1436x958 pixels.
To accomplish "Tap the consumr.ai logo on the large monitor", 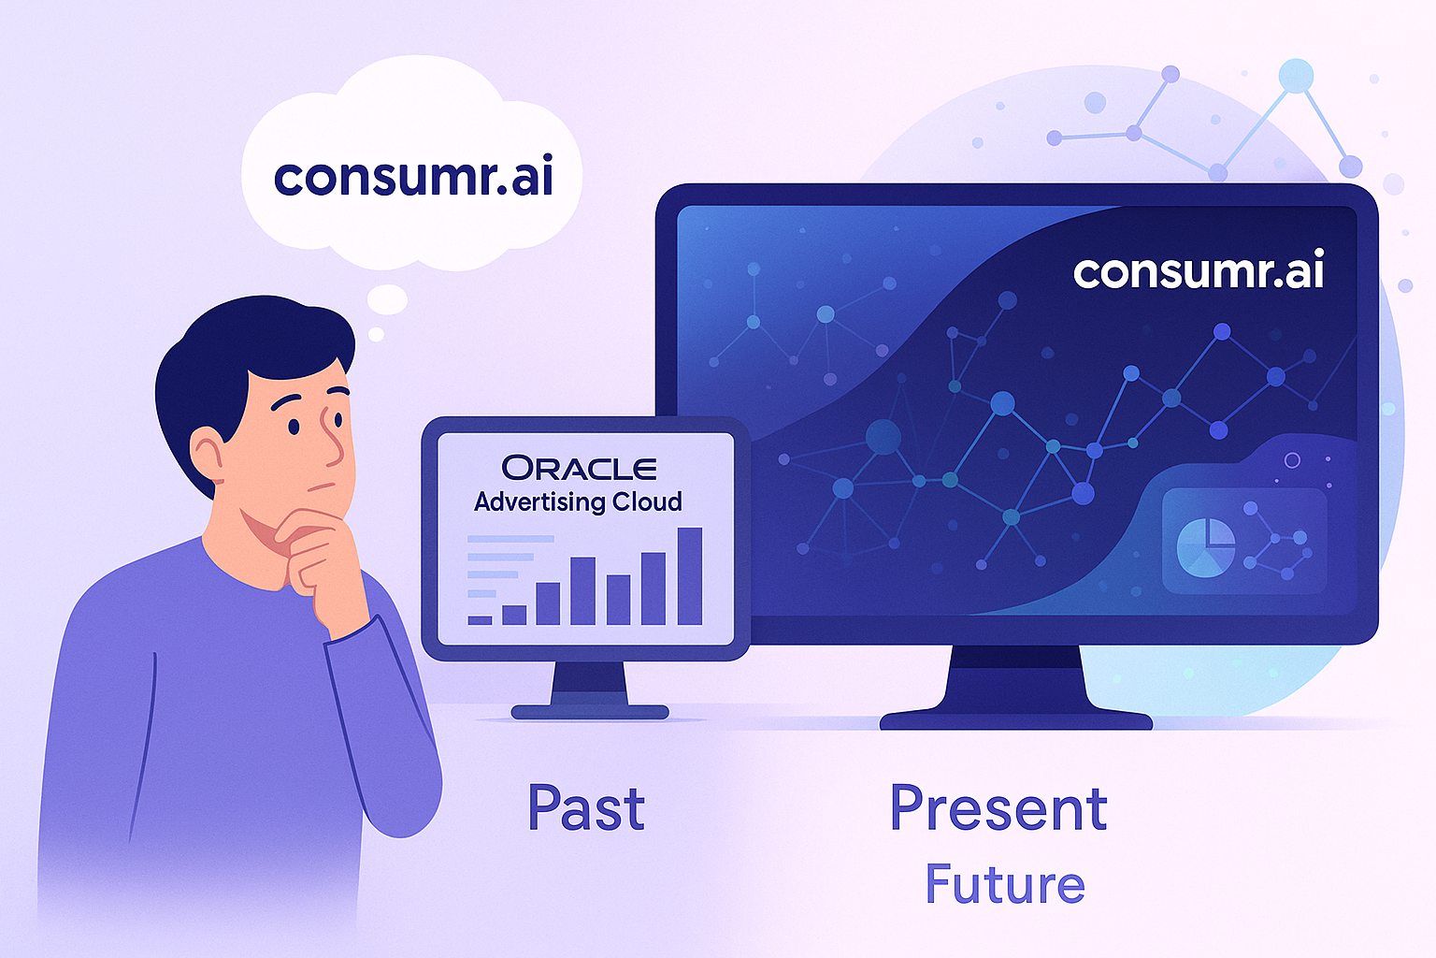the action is [x=1199, y=272].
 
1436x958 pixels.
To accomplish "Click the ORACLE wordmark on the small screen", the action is [x=579, y=469].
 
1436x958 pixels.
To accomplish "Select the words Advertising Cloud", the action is [x=578, y=501].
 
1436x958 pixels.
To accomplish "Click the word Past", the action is [x=586, y=808].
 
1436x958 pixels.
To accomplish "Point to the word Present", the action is [x=998, y=808].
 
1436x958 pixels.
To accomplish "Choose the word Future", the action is [x=1005, y=883].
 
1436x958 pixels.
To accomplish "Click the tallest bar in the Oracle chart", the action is [x=690, y=575].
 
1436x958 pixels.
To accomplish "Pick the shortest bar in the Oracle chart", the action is [x=481, y=620].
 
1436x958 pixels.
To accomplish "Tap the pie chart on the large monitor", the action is [x=1206, y=548].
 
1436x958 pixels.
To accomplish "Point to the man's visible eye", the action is [x=294, y=426].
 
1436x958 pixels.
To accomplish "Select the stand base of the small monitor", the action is [x=590, y=712].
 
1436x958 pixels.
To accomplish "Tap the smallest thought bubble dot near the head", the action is [x=376, y=334].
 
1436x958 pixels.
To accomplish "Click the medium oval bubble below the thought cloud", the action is [x=386, y=299].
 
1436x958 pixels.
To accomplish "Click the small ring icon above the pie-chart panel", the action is [x=1292, y=460].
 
